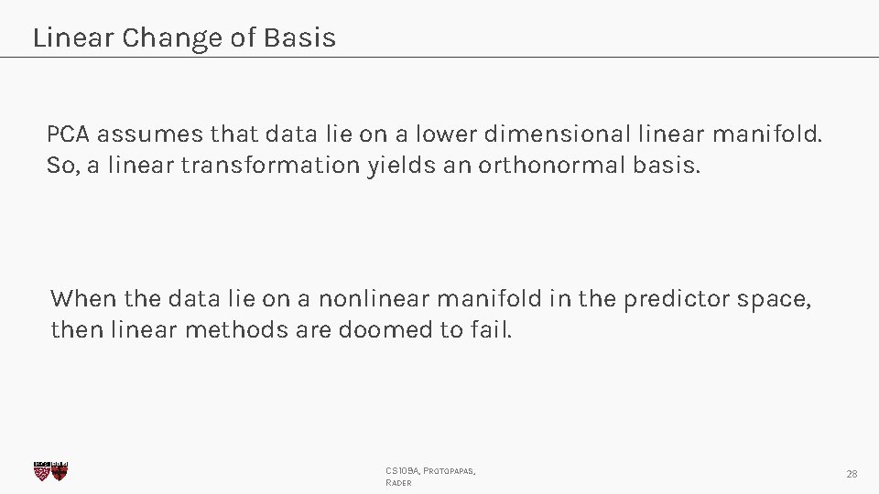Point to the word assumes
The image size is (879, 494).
tap(150, 135)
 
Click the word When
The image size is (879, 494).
tap(83, 298)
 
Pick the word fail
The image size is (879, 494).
tap(492, 329)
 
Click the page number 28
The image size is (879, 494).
tap(852, 474)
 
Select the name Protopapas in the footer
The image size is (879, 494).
tap(449, 470)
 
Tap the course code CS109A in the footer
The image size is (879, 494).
tap(402, 470)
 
